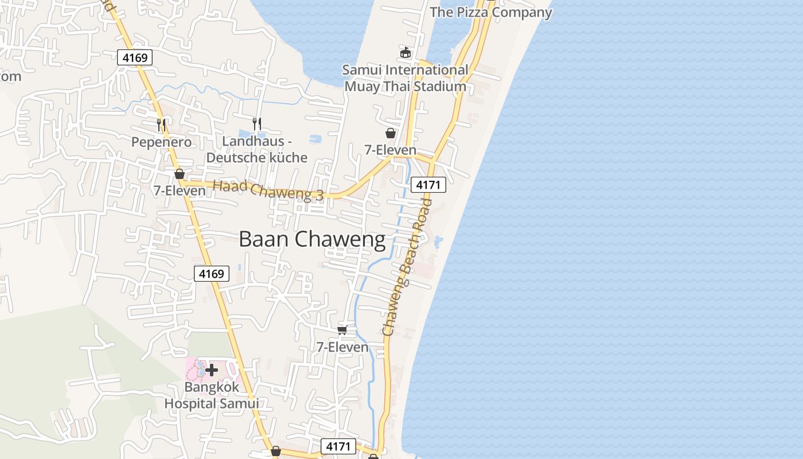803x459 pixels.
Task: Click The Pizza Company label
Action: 490,12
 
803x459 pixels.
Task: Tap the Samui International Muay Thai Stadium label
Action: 405,78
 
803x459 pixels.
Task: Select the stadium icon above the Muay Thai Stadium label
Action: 406,52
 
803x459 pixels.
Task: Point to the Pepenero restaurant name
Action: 161,142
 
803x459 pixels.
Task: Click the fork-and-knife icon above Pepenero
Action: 161,124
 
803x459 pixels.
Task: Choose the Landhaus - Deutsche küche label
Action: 257,149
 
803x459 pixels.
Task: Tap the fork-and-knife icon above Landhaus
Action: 257,123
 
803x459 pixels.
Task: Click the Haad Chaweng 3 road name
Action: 268,190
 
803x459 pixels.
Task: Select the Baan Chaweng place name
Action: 312,239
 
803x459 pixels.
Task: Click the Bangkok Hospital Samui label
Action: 212,395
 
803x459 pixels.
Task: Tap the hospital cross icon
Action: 212,370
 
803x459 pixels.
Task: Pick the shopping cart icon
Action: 342,330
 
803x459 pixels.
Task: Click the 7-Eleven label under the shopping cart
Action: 342,347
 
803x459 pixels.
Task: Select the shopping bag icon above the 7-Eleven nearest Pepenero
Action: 180,174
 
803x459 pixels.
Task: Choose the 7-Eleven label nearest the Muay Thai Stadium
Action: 391,150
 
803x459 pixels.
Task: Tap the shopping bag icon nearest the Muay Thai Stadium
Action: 391,133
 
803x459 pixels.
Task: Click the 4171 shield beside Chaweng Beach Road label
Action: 428,185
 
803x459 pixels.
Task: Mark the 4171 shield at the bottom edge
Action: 338,446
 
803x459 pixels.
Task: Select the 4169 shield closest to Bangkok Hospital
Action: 211,274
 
